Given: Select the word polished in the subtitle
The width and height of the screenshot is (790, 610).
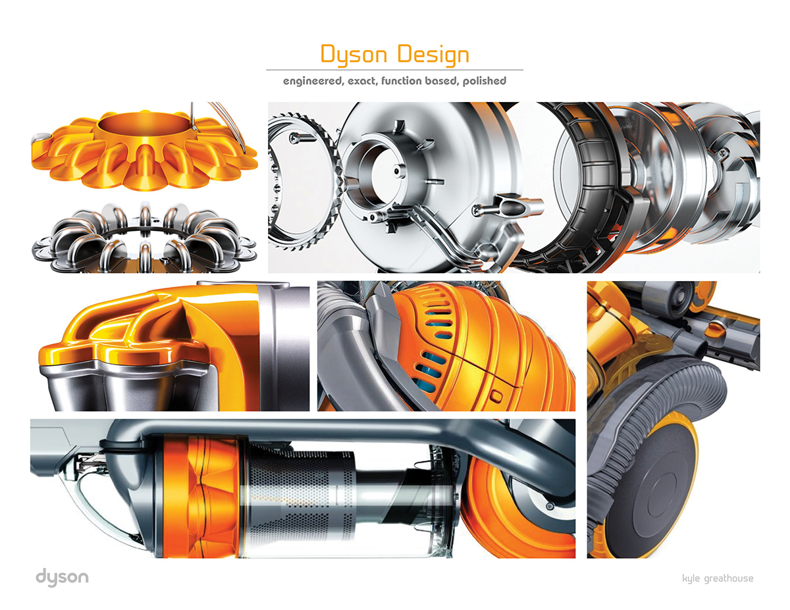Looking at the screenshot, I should [483, 81].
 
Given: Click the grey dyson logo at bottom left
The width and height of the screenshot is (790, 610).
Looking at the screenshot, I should [61, 578].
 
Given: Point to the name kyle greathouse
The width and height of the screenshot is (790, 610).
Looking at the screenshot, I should [718, 578].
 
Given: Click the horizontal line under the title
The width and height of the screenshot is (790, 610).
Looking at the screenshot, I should [394, 69].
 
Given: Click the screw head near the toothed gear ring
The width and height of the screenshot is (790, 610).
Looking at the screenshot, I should [294, 138].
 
